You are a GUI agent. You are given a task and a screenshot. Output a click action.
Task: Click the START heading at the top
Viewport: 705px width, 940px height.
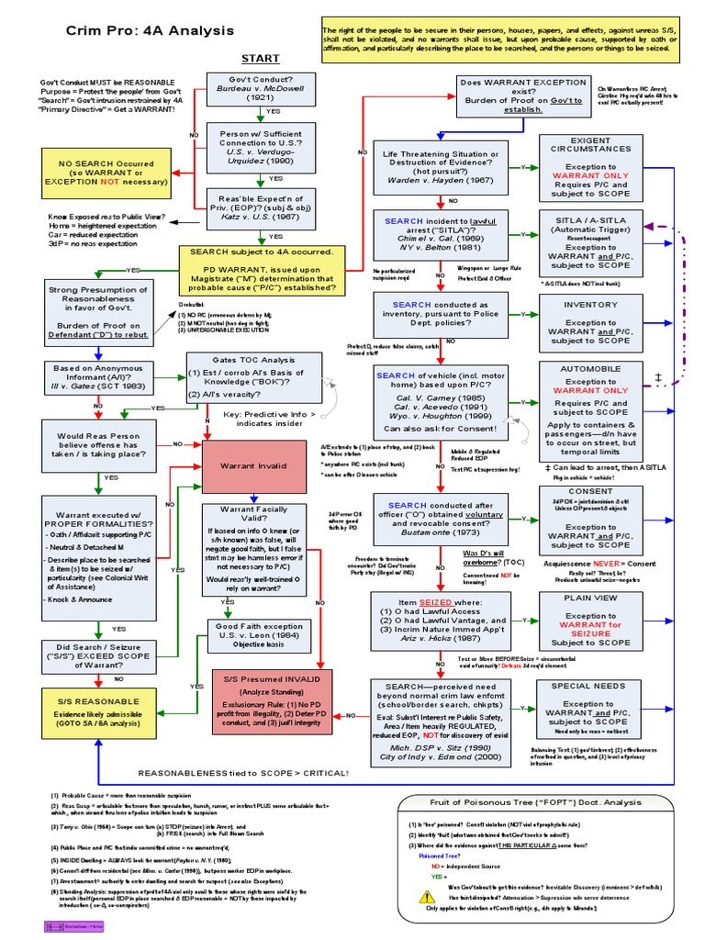(x=259, y=60)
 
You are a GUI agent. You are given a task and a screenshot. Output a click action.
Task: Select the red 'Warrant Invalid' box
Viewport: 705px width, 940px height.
(x=253, y=465)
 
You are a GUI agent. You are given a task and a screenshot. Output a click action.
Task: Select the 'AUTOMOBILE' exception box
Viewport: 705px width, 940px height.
(x=590, y=411)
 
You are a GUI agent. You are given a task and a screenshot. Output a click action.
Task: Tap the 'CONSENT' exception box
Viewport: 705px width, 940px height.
(x=590, y=520)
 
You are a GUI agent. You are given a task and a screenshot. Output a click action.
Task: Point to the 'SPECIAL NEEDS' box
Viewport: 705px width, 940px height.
(x=590, y=711)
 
